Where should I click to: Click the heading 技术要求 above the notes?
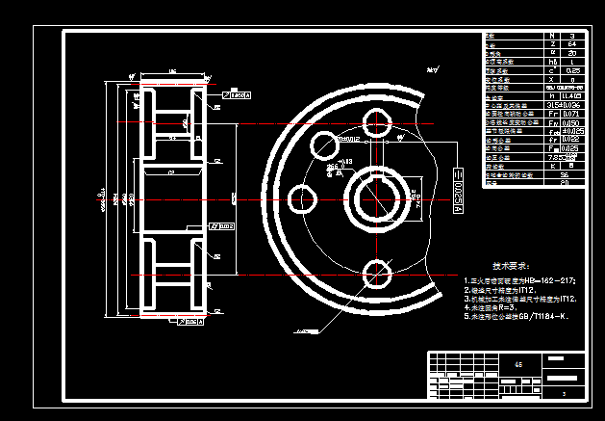[x=512, y=265]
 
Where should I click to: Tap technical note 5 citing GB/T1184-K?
[x=517, y=316]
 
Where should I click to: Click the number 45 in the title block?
[x=520, y=365]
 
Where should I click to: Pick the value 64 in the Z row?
[x=572, y=44]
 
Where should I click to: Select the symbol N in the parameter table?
[x=551, y=36]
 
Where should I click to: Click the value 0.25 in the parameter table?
[x=572, y=70]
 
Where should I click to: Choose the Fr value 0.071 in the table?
[x=572, y=114]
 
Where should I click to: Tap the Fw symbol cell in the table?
[x=551, y=122]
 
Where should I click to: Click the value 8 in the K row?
[x=572, y=166]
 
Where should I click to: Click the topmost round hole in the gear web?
[x=376, y=123]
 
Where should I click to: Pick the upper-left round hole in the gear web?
[x=321, y=145]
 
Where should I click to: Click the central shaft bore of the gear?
[x=377, y=197]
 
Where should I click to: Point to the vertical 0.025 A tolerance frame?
[x=459, y=188]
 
